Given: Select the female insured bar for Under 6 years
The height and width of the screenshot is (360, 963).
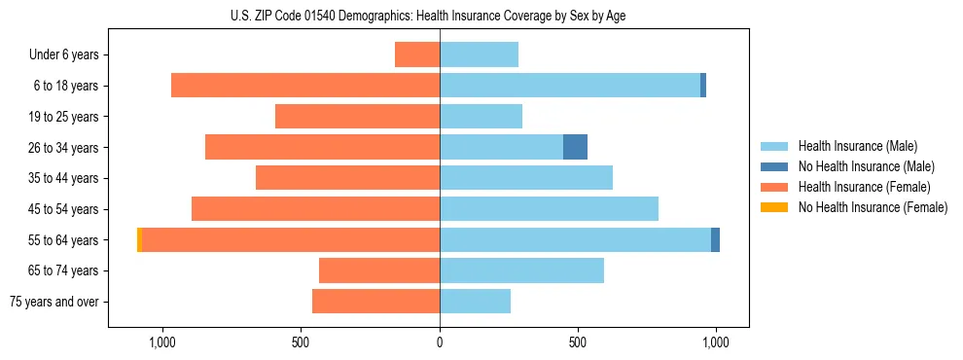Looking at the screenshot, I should click(417, 54).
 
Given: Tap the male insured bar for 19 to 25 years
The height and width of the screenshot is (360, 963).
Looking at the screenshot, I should click(481, 117).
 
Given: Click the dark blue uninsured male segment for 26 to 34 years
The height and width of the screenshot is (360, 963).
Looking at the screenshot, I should click(575, 147).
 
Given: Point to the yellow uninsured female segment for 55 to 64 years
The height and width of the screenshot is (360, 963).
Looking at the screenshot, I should click(139, 239).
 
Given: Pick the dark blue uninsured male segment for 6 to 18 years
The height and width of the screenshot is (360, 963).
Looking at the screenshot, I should click(703, 86).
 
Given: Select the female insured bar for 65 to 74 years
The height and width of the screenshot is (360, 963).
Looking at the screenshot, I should click(379, 270).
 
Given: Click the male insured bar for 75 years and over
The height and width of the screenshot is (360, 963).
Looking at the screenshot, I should click(475, 302).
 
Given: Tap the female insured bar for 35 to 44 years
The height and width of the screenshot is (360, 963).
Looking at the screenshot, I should click(347, 178).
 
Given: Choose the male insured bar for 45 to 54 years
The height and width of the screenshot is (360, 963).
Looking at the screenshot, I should click(549, 209).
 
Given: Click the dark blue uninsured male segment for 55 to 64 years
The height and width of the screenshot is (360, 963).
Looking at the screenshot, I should click(715, 239).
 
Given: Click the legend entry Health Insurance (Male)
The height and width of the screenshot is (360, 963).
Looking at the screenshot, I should click(857, 146).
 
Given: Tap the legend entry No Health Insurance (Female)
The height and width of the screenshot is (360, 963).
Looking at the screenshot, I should click(873, 207).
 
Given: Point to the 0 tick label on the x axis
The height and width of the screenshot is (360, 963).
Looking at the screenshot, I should click(440, 342).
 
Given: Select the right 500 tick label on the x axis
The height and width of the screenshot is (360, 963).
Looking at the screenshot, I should click(578, 342).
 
